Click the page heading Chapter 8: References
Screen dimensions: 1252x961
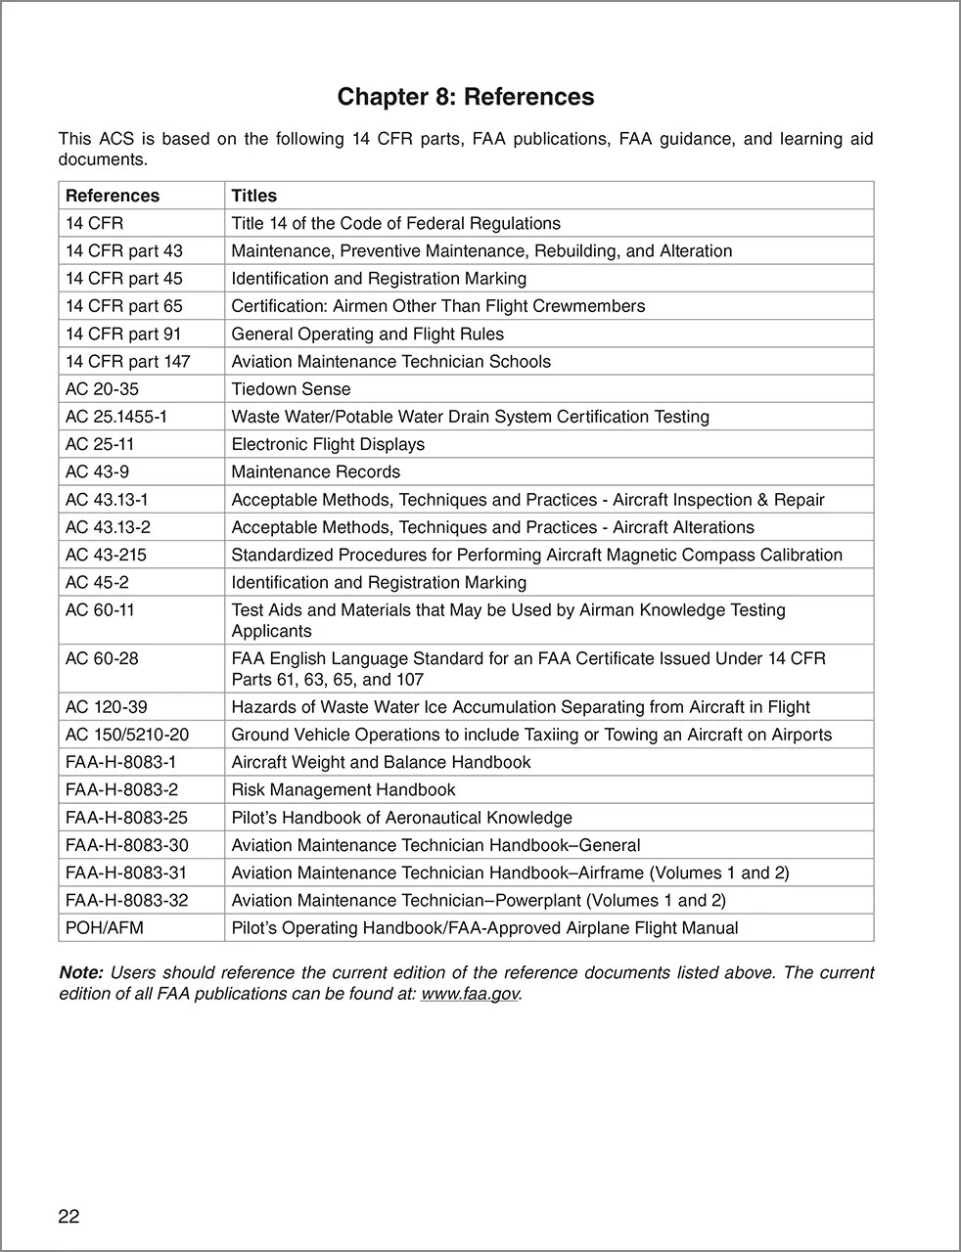coord(465,97)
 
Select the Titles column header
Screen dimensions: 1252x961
coord(253,196)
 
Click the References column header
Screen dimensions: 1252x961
coord(112,196)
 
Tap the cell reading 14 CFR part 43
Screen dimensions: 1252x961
coord(123,250)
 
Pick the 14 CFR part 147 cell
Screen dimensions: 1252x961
coord(127,361)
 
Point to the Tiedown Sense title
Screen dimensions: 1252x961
coord(291,388)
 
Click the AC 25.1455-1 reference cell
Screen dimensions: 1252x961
coord(116,416)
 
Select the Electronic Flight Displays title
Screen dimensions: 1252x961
coord(328,444)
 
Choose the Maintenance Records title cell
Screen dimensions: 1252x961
coord(315,471)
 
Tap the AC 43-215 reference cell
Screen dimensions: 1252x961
coord(106,555)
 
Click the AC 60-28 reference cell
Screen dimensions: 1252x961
coord(102,658)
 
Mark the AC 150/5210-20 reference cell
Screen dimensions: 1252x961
coord(127,735)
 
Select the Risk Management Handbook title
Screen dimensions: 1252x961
coord(343,789)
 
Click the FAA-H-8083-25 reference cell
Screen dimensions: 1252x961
coord(126,817)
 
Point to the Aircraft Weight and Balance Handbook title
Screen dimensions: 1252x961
coord(381,762)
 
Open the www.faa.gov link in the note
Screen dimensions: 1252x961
coord(469,994)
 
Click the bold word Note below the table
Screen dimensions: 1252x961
coord(80,972)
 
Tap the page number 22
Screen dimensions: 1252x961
coord(69,1216)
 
